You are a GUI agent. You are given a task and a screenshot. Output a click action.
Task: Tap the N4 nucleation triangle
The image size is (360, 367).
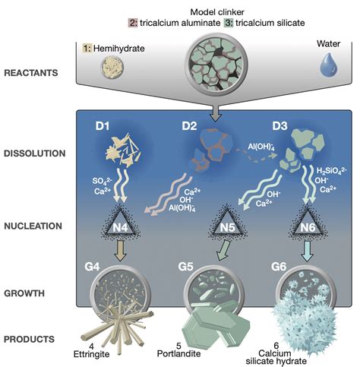120,224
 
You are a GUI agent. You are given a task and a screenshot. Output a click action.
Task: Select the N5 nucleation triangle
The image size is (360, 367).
228,224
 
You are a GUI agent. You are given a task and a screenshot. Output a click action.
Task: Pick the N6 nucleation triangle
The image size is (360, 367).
308,224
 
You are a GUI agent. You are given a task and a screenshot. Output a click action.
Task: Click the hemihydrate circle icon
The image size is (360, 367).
112,67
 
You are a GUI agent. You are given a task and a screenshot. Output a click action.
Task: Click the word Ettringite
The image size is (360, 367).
91,354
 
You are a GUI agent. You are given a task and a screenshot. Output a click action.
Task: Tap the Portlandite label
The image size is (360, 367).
178,353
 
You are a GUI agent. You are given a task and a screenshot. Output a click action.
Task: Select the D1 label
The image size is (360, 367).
103,126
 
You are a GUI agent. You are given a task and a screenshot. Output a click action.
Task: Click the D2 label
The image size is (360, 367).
189,126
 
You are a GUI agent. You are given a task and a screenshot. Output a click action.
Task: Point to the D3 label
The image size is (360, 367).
279,126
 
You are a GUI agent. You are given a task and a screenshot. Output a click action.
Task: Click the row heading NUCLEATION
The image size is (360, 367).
33,226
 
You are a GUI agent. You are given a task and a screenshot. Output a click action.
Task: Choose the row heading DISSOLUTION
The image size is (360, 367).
35,153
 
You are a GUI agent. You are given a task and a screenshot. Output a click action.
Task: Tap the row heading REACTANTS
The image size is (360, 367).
31,73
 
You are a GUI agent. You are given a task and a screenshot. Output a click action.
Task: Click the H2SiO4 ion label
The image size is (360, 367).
332,171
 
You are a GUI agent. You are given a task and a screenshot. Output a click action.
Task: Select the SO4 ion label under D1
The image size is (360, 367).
102,181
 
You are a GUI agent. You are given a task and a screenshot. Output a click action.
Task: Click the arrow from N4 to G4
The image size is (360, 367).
121,251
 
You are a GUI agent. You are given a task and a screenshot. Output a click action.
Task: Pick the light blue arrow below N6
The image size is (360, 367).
308,251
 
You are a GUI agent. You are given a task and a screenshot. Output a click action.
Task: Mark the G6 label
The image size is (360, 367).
279,267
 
